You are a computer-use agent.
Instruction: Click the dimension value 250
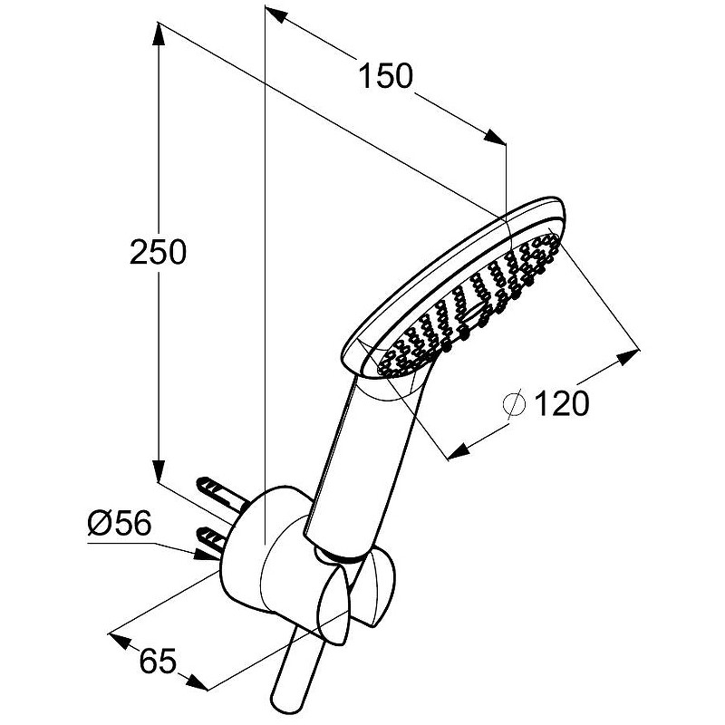(158, 252)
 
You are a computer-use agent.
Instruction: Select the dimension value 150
(385, 76)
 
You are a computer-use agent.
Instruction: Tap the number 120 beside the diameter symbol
(562, 402)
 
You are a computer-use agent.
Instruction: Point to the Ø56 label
(120, 523)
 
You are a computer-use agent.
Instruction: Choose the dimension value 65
(158, 661)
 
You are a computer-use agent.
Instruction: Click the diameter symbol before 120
(514, 403)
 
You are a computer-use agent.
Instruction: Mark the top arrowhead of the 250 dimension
(158, 34)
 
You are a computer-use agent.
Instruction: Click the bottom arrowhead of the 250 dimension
(158, 470)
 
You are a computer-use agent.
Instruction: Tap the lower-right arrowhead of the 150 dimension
(495, 138)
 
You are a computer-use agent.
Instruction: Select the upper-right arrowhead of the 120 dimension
(627, 358)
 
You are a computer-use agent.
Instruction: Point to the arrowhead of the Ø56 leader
(205, 556)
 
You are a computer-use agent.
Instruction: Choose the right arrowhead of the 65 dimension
(198, 682)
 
